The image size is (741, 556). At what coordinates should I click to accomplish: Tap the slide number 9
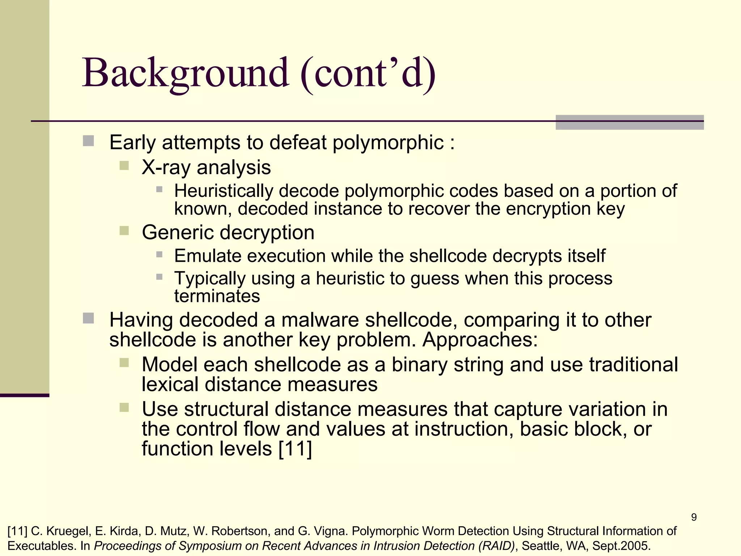694,517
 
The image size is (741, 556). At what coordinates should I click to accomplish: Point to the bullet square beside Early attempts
88,141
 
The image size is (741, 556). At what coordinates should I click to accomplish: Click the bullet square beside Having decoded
88,319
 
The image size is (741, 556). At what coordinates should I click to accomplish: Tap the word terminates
217,296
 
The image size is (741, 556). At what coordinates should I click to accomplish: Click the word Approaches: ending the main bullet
480,340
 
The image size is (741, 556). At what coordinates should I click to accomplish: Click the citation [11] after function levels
295,449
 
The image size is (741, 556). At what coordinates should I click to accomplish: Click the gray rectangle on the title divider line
629,122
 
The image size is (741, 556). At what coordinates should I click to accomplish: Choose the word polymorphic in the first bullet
388,142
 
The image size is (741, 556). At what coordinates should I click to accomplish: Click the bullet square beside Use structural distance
124,408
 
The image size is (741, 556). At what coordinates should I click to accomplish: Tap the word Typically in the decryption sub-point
210,278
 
